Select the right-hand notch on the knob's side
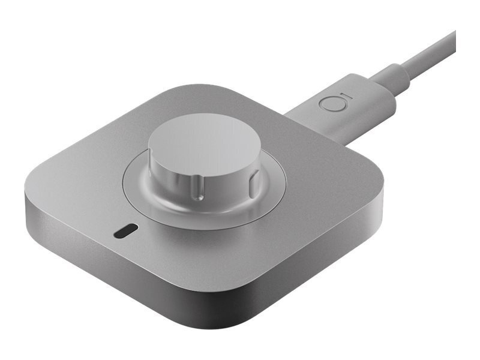[254, 178]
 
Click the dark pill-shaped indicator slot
[125, 230]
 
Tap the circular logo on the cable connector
[329, 103]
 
